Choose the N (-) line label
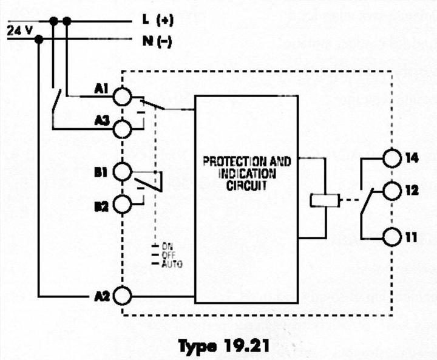pos(157,41)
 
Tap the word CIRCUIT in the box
pos(246,185)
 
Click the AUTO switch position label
pos(172,265)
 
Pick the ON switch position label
pos(167,247)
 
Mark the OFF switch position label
pos(169,256)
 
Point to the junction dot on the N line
pos(39,40)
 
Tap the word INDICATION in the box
pos(246,174)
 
